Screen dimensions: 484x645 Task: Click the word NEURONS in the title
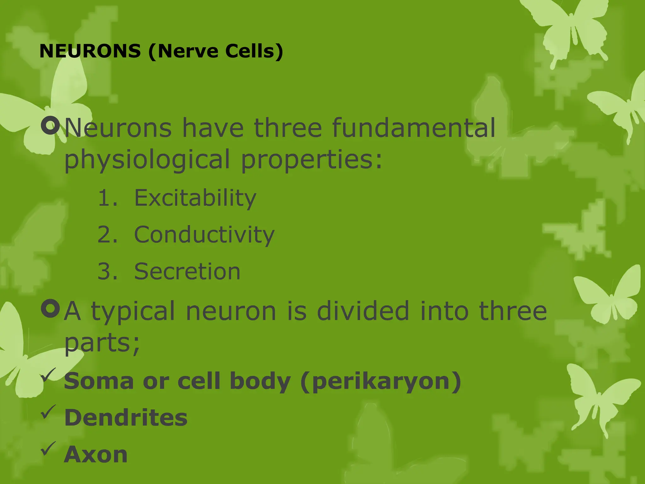coord(90,51)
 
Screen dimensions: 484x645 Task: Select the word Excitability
coord(195,198)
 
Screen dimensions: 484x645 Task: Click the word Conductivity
coord(204,235)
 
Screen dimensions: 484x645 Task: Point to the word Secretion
coord(187,271)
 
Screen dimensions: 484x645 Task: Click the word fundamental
coord(414,128)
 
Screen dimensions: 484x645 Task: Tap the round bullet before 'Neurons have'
coord(50,125)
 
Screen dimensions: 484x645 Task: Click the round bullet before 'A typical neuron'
coord(50,308)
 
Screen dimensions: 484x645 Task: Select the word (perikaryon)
coord(381,382)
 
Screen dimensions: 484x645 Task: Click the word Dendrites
coord(126,418)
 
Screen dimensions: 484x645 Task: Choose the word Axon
coord(96,455)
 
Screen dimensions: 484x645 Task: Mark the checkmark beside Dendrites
coord(49,412)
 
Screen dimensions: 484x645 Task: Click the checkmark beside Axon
coord(49,449)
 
